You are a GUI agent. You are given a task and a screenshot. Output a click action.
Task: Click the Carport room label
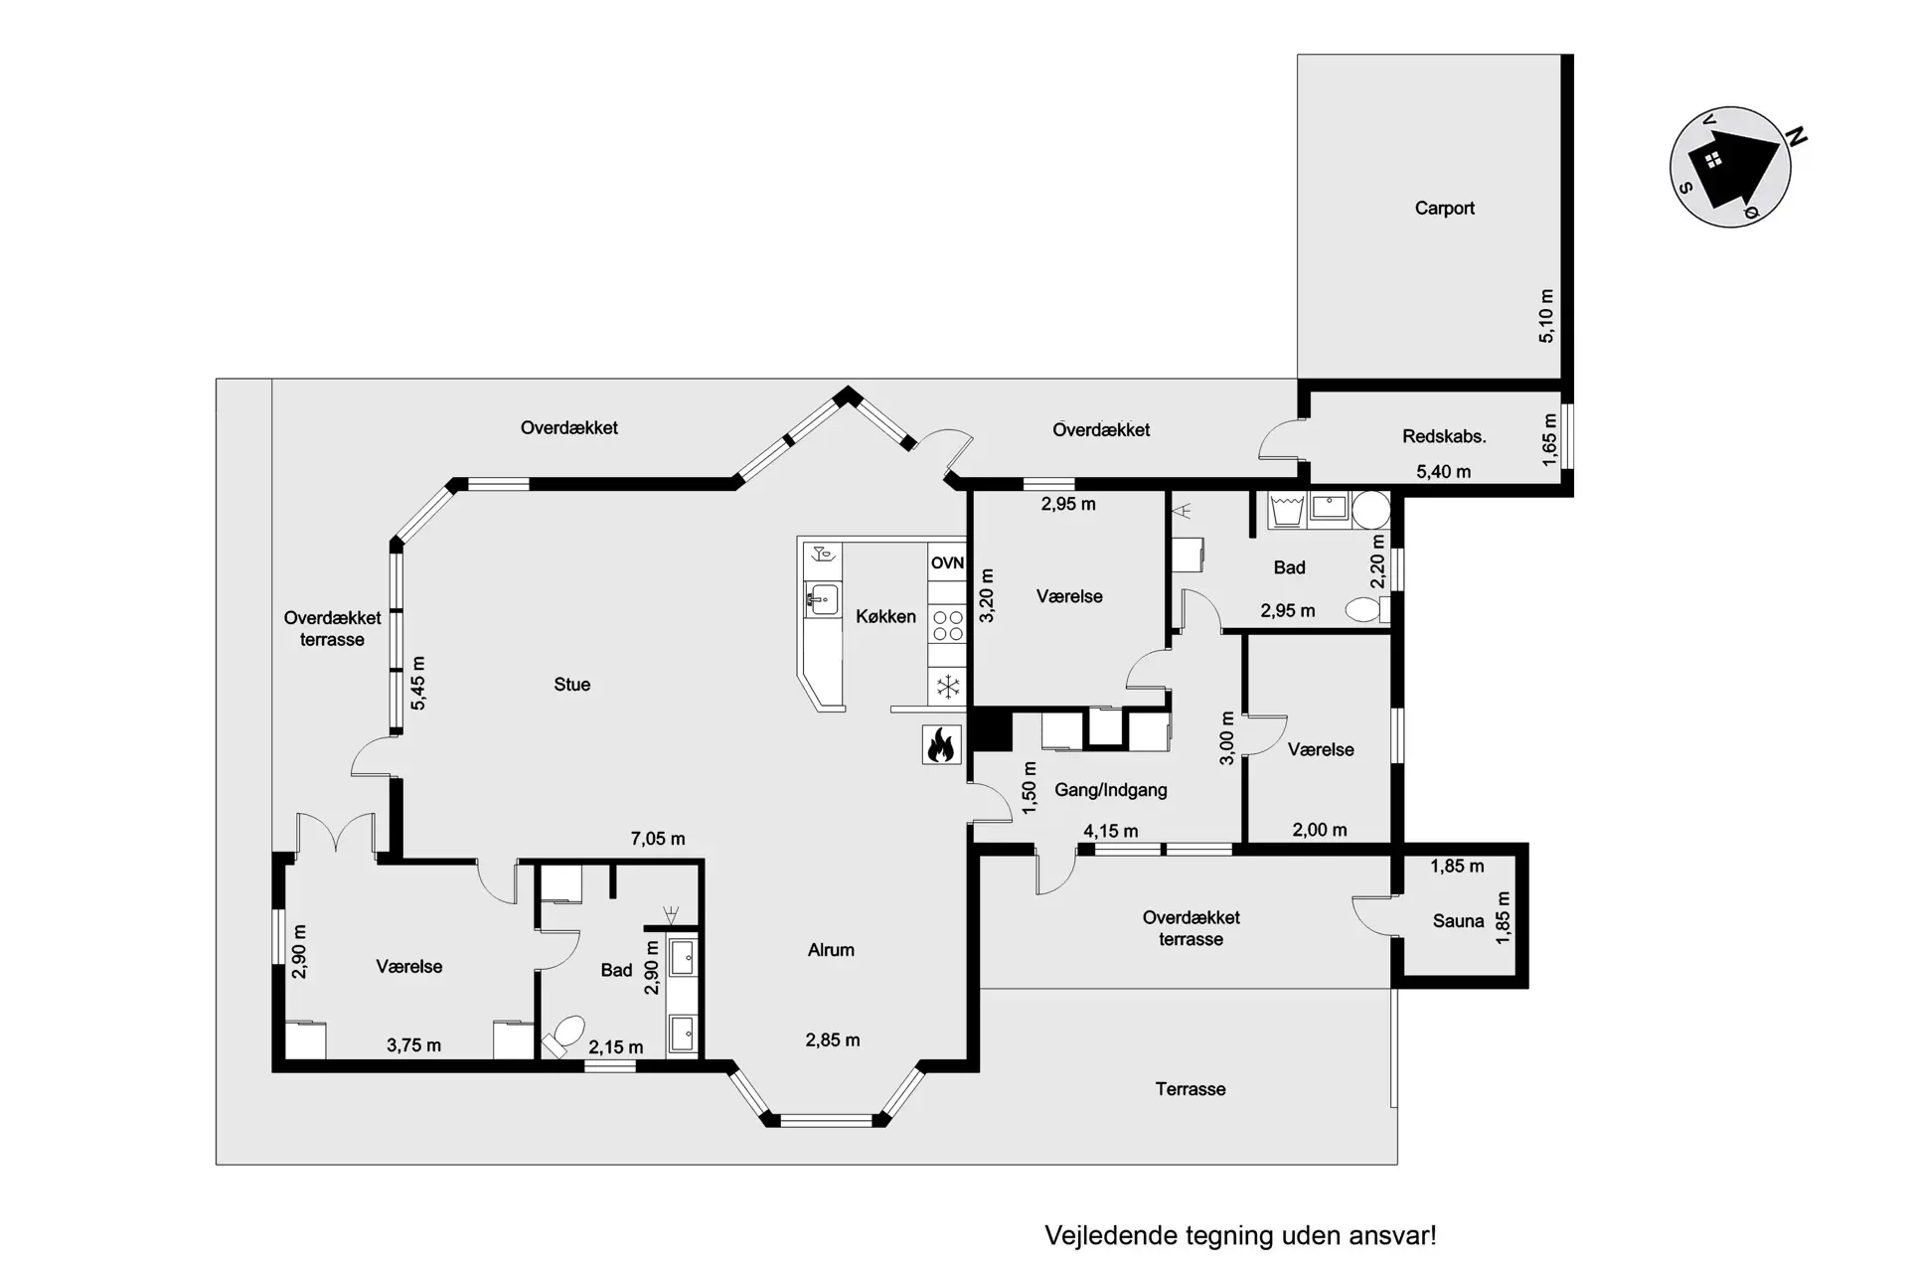[1444, 209]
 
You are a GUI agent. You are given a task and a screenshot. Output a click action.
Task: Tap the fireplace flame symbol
[940, 744]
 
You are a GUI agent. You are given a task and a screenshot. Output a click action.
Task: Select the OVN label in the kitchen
[947, 562]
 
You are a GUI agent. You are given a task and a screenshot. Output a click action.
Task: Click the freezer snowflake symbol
[948, 686]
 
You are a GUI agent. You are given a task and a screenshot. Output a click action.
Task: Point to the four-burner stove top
[947, 625]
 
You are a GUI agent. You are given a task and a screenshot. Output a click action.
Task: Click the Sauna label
[1458, 921]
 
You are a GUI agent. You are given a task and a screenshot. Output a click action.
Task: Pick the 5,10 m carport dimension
[1546, 316]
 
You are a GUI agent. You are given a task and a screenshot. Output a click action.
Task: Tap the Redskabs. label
[1444, 436]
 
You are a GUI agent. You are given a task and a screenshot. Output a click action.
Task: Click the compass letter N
[1796, 138]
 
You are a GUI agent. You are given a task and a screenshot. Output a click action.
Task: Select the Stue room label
[571, 685]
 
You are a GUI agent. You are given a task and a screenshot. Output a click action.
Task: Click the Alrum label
[831, 950]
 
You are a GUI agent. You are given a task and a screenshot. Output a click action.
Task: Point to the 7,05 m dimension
[658, 839]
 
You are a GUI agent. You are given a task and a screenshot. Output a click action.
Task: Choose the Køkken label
[885, 617]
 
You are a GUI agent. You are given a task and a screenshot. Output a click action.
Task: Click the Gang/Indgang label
[1111, 791]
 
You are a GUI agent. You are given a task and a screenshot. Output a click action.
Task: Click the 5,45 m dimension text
[418, 684]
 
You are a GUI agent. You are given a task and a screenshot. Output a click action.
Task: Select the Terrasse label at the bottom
[1191, 1089]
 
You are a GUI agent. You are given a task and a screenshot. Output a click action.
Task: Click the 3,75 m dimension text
[413, 1045]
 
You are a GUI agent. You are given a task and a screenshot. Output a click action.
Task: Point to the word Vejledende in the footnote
[1109, 1236]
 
